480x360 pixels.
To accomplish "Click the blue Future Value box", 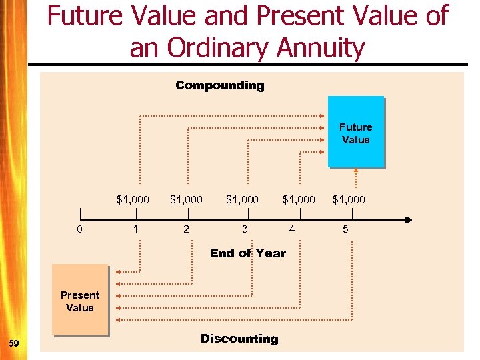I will coord(355,132).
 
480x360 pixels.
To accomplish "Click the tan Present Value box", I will coord(80,301).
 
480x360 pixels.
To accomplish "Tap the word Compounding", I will coord(219,85).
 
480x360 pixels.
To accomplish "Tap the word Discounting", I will coord(239,339).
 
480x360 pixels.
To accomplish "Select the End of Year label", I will coord(247,253).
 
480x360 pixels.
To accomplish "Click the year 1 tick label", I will coord(136,229).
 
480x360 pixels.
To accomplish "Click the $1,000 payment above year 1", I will coord(133,199).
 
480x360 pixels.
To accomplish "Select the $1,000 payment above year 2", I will coord(186,199).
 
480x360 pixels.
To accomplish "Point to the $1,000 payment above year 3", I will coord(243,199).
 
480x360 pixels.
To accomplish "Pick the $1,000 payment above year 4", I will coord(299,199).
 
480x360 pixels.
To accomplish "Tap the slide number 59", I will coord(15,343).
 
